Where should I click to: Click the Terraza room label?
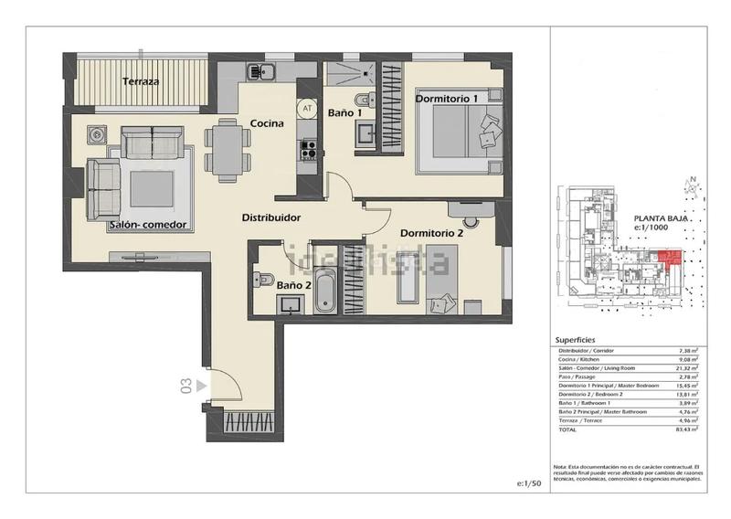[141, 81]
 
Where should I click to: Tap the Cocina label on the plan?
[266, 123]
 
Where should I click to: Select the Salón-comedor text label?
[148, 225]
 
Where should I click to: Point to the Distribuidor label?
[271, 217]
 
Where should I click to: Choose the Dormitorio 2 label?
[431, 233]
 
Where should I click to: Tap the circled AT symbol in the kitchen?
[307, 107]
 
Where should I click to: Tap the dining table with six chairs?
[228, 148]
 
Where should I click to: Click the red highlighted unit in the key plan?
[670, 262]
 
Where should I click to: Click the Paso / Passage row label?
[577, 377]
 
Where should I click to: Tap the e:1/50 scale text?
[529, 482]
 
